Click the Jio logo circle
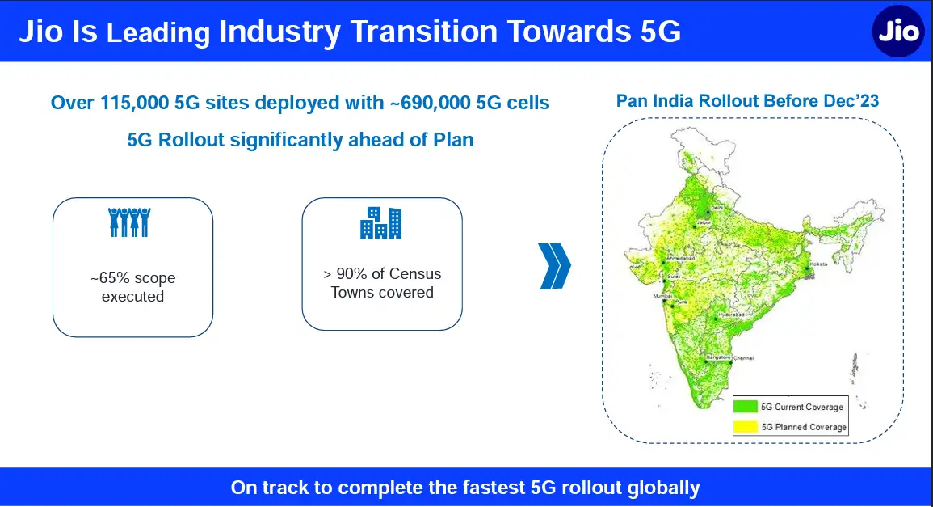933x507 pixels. click(x=898, y=32)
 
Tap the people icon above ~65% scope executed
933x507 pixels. click(x=129, y=222)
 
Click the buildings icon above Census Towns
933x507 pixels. click(x=380, y=222)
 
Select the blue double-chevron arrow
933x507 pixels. click(x=555, y=265)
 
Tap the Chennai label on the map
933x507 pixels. click(x=743, y=357)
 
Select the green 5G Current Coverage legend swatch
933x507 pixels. click(x=746, y=406)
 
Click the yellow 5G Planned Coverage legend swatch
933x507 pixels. click(x=746, y=426)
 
